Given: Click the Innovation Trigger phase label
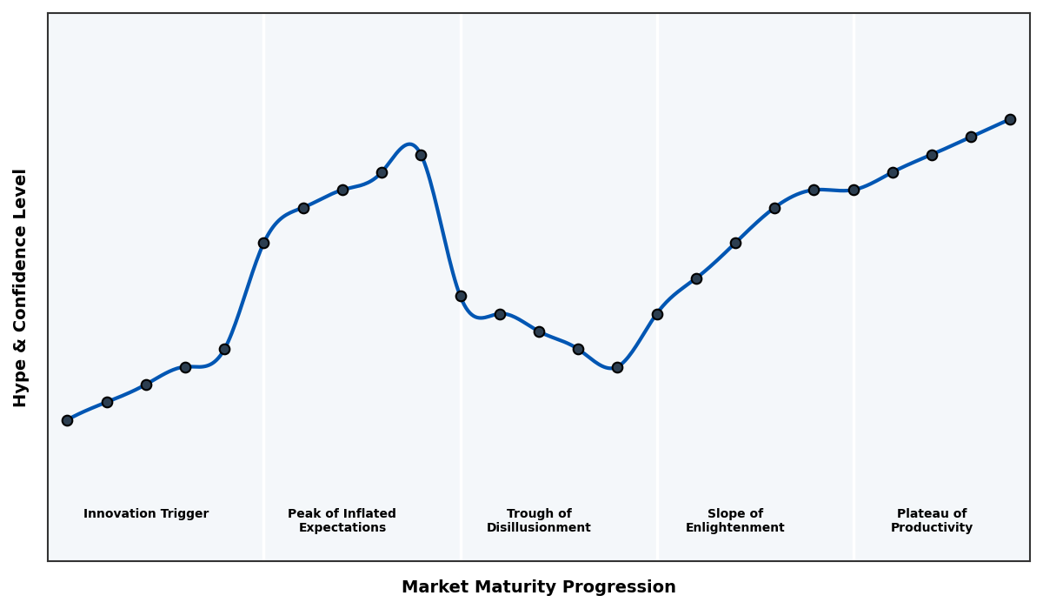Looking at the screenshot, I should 146,514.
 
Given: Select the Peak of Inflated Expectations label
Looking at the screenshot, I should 342,520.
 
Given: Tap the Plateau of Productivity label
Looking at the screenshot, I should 932,520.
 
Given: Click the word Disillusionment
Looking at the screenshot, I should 539,528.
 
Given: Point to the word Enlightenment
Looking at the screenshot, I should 735,528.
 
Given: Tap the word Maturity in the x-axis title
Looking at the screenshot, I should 517,587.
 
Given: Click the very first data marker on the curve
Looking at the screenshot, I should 67,420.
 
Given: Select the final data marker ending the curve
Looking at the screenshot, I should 1010,119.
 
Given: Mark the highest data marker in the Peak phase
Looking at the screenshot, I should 421,155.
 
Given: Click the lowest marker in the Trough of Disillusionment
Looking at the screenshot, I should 617,367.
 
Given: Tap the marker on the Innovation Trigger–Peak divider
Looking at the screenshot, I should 263,243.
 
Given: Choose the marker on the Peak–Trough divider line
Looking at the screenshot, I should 461,296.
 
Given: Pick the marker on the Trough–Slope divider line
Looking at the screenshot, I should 657,314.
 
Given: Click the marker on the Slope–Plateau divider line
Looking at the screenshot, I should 854,190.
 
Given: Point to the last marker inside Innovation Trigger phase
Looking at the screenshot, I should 224,349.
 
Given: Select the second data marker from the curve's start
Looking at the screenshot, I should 107,402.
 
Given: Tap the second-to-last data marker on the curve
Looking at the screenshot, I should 971,137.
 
